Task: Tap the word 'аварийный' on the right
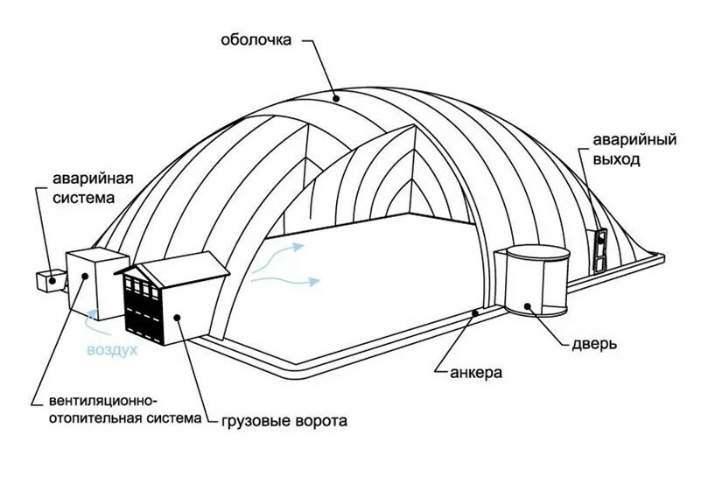click(x=622, y=141)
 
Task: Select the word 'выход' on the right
click(x=616, y=160)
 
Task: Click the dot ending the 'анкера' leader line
click(x=473, y=312)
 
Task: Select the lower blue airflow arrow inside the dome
click(x=289, y=280)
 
